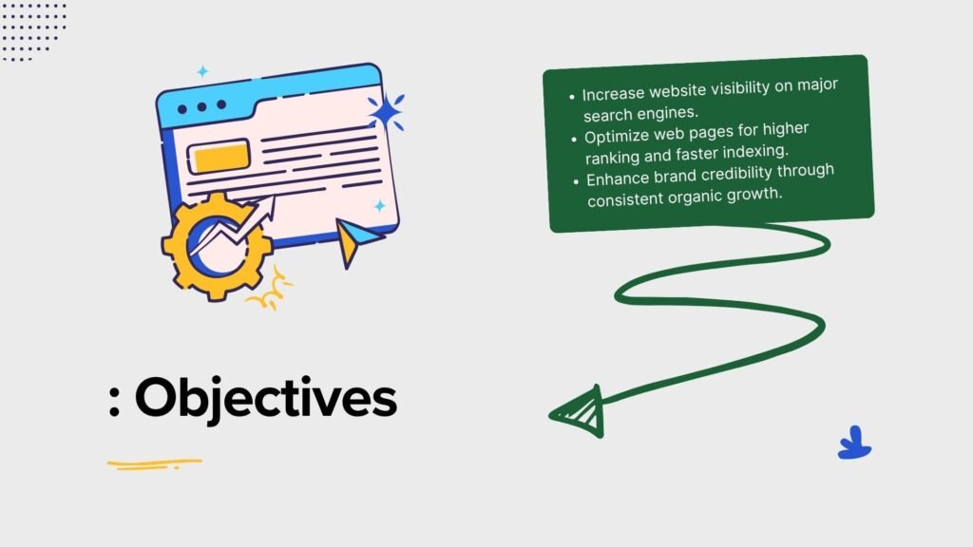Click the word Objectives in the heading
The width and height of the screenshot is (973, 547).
click(266, 398)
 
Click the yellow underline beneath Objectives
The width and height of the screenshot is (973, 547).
click(155, 463)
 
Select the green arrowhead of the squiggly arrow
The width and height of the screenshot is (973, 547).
click(579, 412)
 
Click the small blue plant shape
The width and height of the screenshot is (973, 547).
click(854, 443)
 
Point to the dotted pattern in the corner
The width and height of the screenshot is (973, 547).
click(33, 31)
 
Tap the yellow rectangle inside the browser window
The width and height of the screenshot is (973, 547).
click(219, 157)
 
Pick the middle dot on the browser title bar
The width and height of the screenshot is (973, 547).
click(201, 106)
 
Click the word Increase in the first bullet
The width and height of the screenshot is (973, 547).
click(613, 94)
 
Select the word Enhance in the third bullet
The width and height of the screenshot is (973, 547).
click(618, 179)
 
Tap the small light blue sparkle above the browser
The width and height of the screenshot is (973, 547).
click(203, 71)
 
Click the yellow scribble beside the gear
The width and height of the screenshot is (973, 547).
click(271, 291)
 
